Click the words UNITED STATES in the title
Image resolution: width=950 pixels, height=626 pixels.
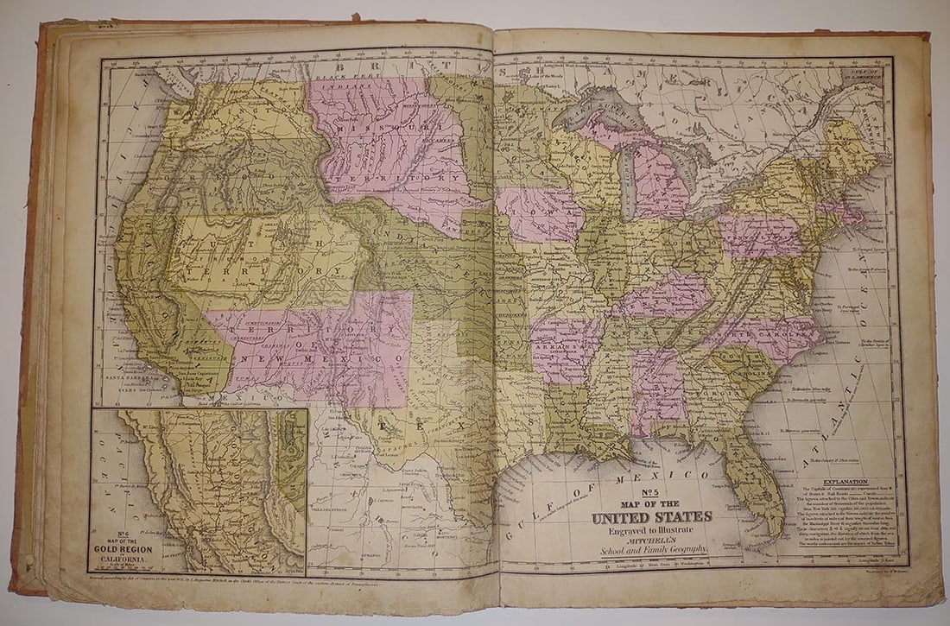pyautogui.click(x=651, y=517)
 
